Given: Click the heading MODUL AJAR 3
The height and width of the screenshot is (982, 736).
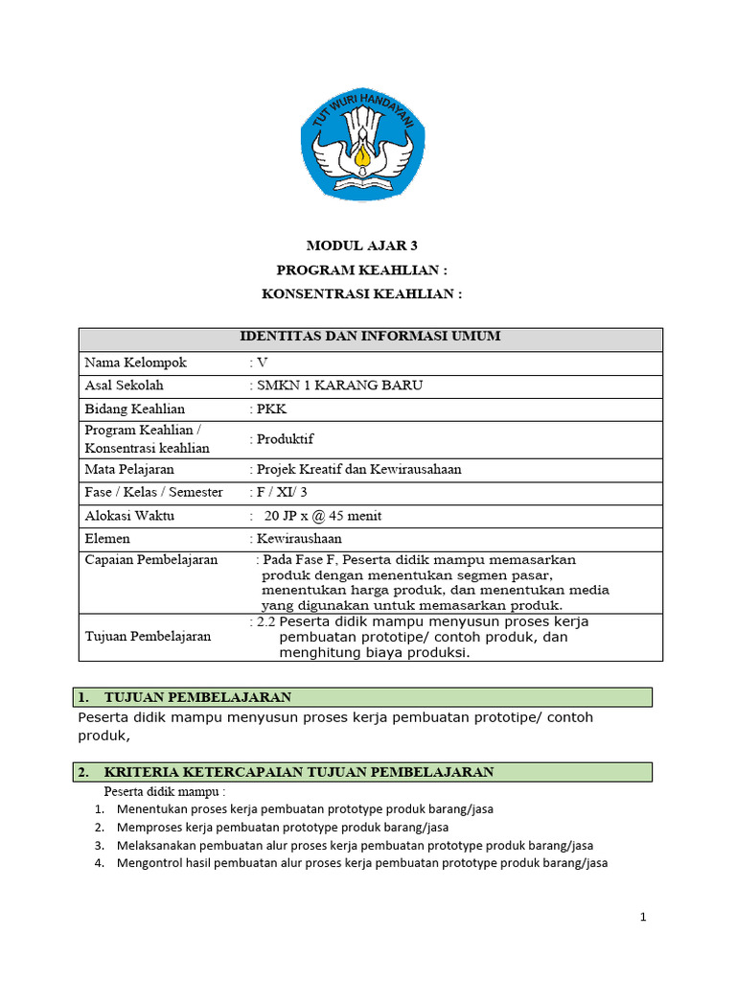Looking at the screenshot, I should pyautogui.click(x=362, y=245).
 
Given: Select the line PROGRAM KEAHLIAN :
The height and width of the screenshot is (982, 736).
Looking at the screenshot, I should pyautogui.click(x=362, y=269).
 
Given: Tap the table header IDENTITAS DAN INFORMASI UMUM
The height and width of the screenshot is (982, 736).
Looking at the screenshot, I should pyautogui.click(x=369, y=337).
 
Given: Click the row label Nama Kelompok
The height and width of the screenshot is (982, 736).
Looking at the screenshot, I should pyautogui.click(x=135, y=362).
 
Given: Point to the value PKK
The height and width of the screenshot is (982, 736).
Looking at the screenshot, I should pyautogui.click(x=271, y=409).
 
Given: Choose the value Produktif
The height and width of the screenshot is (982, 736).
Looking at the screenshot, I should pyautogui.click(x=285, y=439).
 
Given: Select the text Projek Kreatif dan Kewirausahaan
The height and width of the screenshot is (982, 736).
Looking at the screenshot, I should pyautogui.click(x=358, y=469).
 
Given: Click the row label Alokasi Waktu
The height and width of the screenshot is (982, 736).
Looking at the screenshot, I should pyautogui.click(x=129, y=515).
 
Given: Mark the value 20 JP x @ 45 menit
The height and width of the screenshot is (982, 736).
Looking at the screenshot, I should pyautogui.click(x=323, y=516).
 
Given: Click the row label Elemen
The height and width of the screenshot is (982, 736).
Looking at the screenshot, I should pyautogui.click(x=107, y=539).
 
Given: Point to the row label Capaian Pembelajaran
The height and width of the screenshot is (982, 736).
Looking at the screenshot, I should pyautogui.click(x=151, y=560).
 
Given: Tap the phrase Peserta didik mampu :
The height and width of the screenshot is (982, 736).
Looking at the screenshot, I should pyautogui.click(x=165, y=792).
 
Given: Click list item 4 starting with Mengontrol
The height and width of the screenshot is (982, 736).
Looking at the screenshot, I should pyautogui.click(x=361, y=863).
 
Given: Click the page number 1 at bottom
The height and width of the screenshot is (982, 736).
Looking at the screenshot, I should pyautogui.click(x=644, y=918).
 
